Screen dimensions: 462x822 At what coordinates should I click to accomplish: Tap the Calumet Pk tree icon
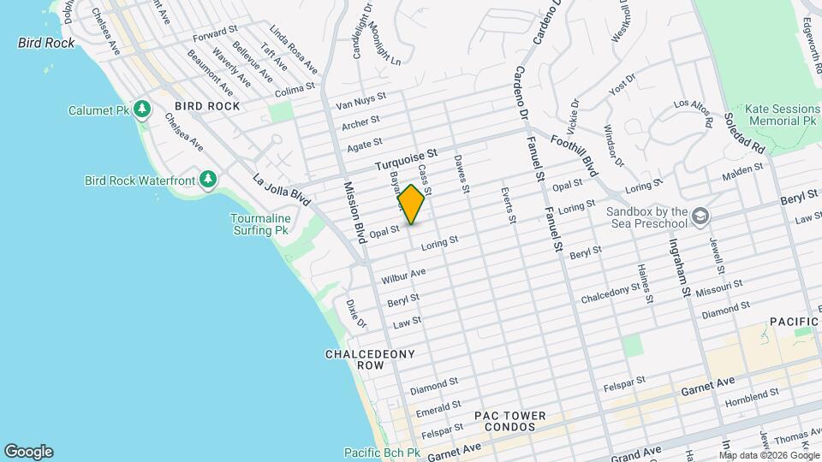click(143, 110)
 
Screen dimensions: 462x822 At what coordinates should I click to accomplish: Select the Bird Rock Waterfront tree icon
click(206, 179)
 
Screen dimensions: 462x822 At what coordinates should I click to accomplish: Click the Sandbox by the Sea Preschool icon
click(700, 214)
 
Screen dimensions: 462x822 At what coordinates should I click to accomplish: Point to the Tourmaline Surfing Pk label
click(260, 225)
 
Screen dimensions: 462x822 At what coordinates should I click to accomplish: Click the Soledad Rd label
click(743, 133)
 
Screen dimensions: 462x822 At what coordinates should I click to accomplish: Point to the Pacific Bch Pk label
click(382, 453)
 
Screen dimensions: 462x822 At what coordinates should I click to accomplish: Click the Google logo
click(28, 452)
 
